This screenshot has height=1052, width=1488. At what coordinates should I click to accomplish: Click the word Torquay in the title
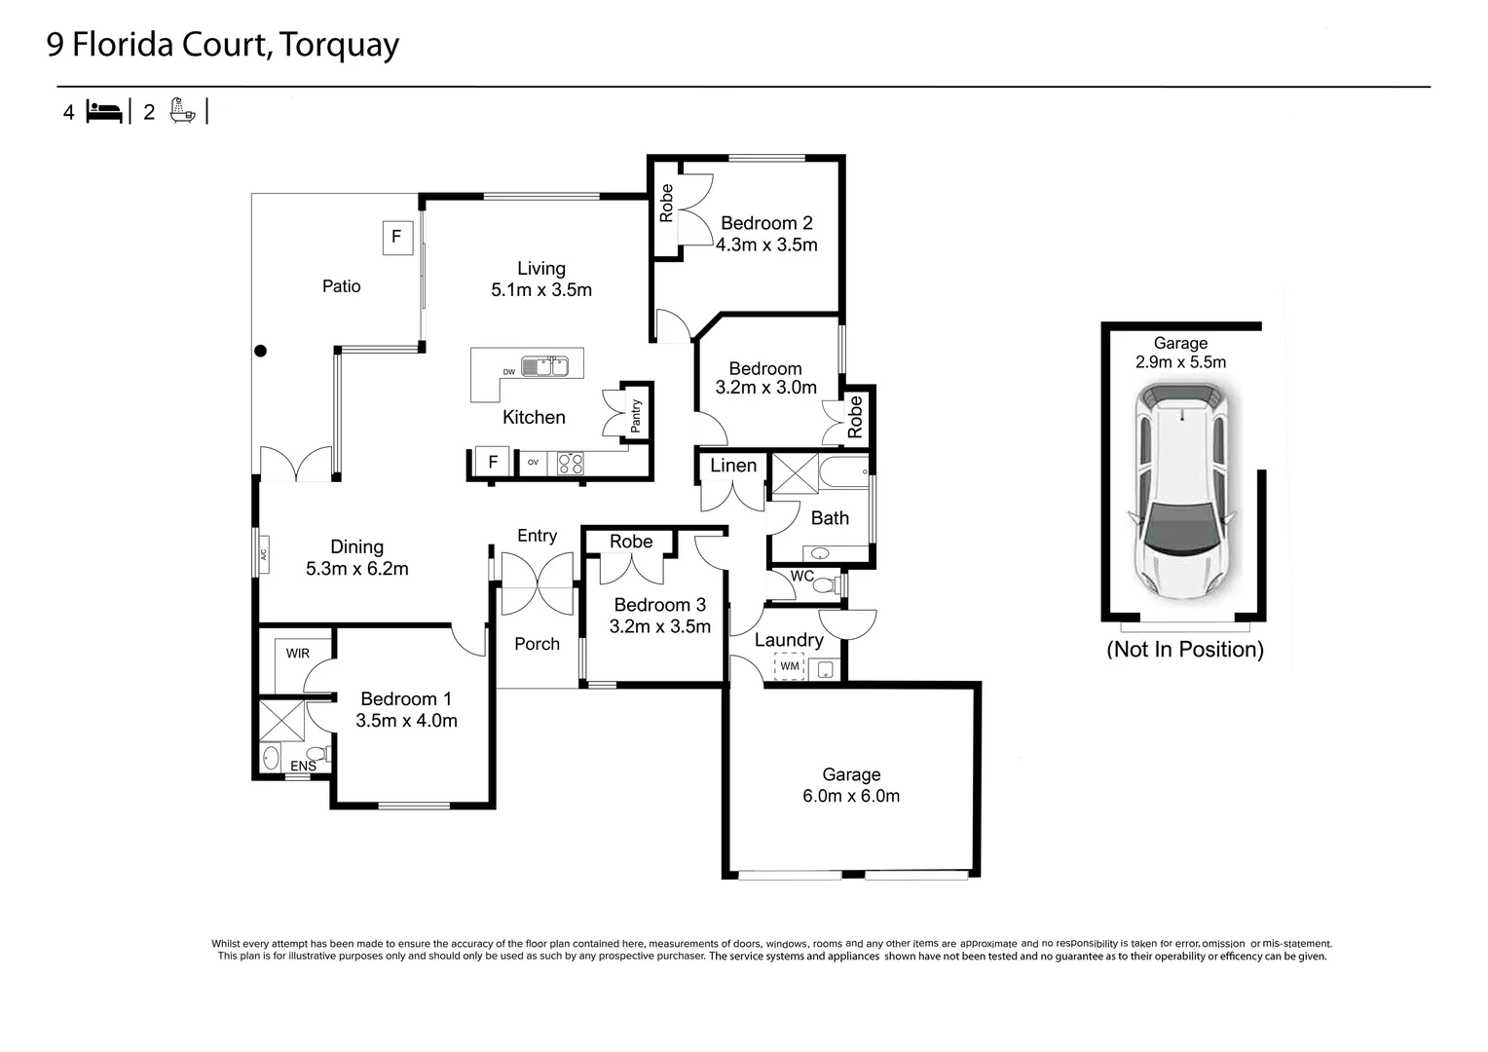(x=339, y=46)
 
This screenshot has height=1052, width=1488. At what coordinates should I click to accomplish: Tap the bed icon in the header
(x=104, y=112)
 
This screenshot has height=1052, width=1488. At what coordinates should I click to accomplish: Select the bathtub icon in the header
(x=182, y=110)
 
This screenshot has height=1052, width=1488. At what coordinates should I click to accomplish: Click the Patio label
(x=341, y=286)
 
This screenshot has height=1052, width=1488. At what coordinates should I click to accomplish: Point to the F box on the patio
(x=397, y=237)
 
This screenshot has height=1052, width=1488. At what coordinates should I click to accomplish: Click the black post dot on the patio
(x=260, y=351)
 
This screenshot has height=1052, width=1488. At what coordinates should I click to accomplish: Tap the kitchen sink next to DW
(x=544, y=366)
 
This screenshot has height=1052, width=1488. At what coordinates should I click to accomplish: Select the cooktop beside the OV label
(x=570, y=464)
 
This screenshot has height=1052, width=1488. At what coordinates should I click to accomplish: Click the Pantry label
(x=636, y=416)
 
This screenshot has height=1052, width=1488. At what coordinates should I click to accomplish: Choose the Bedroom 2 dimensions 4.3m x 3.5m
(x=766, y=245)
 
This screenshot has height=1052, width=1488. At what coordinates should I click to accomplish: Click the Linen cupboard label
(x=732, y=466)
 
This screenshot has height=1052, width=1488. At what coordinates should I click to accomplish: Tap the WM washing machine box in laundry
(x=789, y=666)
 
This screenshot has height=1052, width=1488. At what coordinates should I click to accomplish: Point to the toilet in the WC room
(x=826, y=585)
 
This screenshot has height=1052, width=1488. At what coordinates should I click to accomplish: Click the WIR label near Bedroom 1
(x=298, y=654)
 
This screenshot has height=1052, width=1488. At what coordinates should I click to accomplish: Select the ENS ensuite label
(x=303, y=767)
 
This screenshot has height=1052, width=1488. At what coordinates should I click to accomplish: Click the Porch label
(x=537, y=644)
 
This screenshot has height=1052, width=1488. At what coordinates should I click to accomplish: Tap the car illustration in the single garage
(x=1181, y=492)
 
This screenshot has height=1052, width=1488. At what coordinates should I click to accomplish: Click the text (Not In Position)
(x=1184, y=650)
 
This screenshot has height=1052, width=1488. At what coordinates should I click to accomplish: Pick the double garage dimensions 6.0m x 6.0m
(x=851, y=796)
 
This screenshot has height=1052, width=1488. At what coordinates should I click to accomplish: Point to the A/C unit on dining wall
(x=262, y=554)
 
